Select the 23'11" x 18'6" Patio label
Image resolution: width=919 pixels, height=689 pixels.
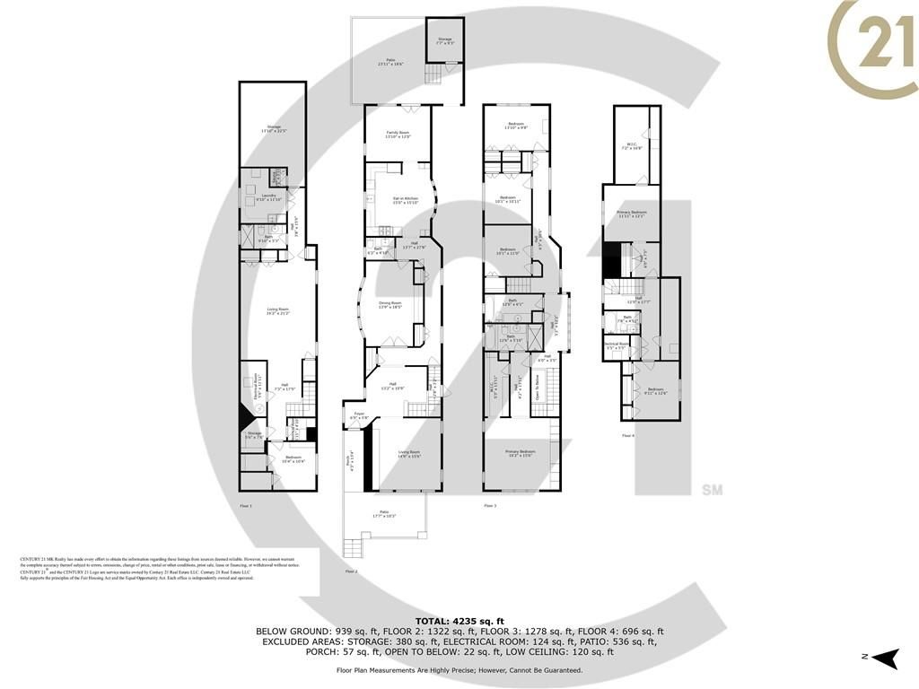pyautogui.click(x=391, y=63)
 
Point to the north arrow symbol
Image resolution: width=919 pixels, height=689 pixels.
pyautogui.click(x=887, y=658)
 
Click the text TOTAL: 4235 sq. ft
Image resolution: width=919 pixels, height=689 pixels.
pyautogui.click(x=459, y=621)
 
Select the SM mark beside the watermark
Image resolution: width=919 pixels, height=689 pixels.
pyautogui.click(x=713, y=490)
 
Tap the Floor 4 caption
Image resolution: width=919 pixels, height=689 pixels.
pyautogui.click(x=627, y=435)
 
